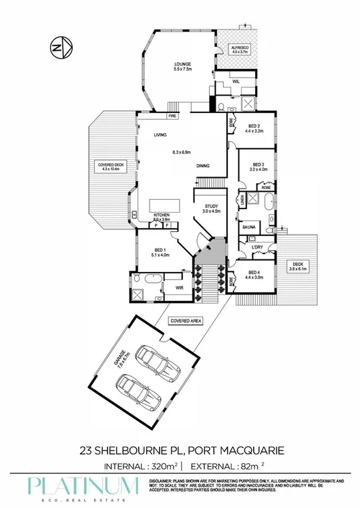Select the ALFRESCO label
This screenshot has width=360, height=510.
pos(240,49)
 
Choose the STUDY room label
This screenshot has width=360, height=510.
pos(211,207)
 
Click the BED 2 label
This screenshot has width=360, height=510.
pos(255,126)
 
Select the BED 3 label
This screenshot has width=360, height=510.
pos(258,165)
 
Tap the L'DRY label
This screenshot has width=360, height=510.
pos(259,247)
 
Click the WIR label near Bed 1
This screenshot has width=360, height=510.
pos(179,288)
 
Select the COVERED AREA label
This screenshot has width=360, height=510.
pos(186,321)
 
